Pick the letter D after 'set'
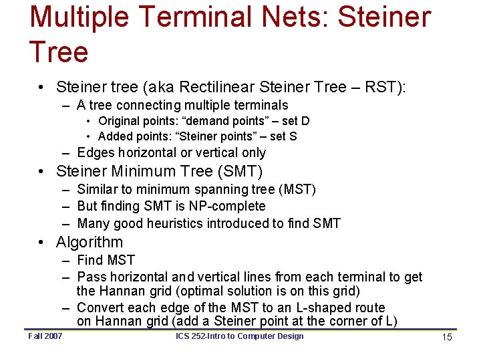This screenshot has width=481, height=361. point(305,121)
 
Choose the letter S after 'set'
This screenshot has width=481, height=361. point(293,136)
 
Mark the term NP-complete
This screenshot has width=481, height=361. point(228,206)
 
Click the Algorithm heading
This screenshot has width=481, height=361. point(90,242)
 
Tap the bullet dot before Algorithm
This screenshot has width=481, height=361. point(41,242)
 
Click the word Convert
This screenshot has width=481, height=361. point(100,308)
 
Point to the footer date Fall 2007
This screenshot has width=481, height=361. point(45,336)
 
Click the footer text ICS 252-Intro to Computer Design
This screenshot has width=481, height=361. point(239,336)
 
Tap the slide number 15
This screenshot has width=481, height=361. point(447,337)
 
